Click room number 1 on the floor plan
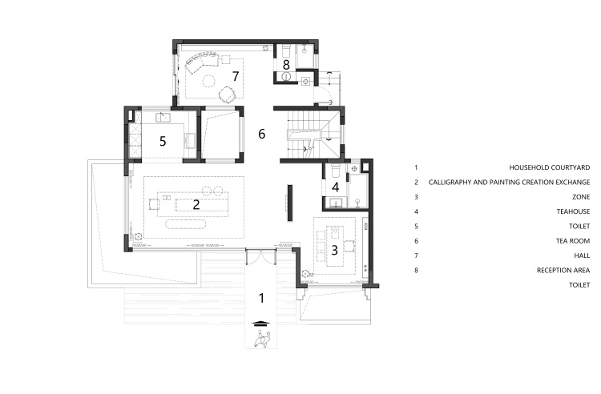click(x=262, y=298)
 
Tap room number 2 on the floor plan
click(x=196, y=204)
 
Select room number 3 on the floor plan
click(x=335, y=251)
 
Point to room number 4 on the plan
click(x=336, y=187)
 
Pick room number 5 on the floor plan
click(x=163, y=141)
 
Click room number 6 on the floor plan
click(x=262, y=134)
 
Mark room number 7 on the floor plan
click(x=236, y=76)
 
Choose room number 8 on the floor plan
click(x=286, y=65)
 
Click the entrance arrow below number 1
click(x=260, y=323)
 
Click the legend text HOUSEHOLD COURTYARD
click(x=549, y=167)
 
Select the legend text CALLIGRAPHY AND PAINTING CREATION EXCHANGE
click(x=509, y=183)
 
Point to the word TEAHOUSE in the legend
click(x=573, y=211)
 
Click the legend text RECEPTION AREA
click(x=563, y=271)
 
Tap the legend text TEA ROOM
click(x=573, y=241)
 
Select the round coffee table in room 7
click(x=209, y=81)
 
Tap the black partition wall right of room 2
click(x=290, y=203)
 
